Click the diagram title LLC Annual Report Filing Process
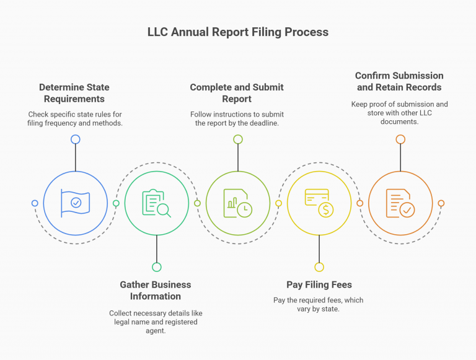tap(238, 32)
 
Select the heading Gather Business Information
tap(156, 290)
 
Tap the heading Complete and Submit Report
tap(237, 93)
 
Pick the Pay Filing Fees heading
tap(319, 285)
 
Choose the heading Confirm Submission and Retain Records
tap(399, 81)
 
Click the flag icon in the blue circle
tap(76, 203)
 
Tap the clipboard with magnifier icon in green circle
tap(157, 203)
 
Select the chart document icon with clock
tap(238, 203)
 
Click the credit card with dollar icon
tap(319, 203)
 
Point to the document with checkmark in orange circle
tap(400, 203)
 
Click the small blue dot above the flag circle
tap(76, 139)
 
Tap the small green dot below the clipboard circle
tap(157, 267)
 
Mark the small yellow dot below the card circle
tap(319, 267)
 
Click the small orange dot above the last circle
tap(400, 139)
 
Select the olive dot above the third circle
tap(238, 139)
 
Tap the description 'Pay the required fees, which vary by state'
tap(319, 304)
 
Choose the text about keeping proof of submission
tap(399, 113)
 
